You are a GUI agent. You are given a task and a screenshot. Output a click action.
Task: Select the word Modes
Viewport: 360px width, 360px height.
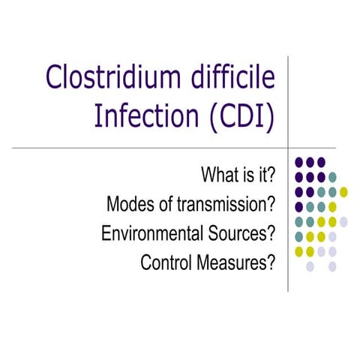click(128, 205)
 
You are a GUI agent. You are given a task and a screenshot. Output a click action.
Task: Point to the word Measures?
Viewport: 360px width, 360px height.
click(236, 263)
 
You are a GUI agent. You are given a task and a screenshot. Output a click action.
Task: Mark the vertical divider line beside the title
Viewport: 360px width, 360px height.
click(289, 97)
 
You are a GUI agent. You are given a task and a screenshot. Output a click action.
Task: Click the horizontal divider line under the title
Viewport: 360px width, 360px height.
click(150, 147)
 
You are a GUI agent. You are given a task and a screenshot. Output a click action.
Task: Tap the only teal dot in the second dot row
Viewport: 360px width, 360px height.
click(332, 177)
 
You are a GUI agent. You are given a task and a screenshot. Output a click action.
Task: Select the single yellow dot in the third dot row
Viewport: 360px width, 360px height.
click(343, 191)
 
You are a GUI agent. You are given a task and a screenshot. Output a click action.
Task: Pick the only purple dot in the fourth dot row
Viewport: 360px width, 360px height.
click(299, 206)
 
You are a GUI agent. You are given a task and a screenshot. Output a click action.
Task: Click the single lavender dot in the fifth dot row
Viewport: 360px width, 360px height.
click(343, 221)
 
